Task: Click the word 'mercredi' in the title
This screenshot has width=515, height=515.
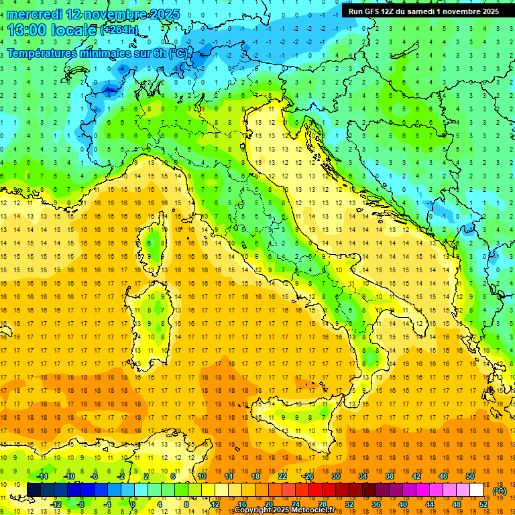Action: click(x=36, y=13)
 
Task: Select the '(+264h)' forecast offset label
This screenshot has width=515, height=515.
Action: click(x=119, y=30)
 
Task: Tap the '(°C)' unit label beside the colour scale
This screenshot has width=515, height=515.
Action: click(x=500, y=491)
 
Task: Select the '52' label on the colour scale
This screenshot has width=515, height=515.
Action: click(x=483, y=504)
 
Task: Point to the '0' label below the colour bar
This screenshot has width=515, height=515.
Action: click(x=133, y=504)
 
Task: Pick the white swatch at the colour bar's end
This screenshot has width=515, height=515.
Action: click(x=477, y=490)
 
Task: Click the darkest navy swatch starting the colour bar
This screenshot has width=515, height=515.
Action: click(x=34, y=490)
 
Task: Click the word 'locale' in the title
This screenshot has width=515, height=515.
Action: click(x=75, y=30)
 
